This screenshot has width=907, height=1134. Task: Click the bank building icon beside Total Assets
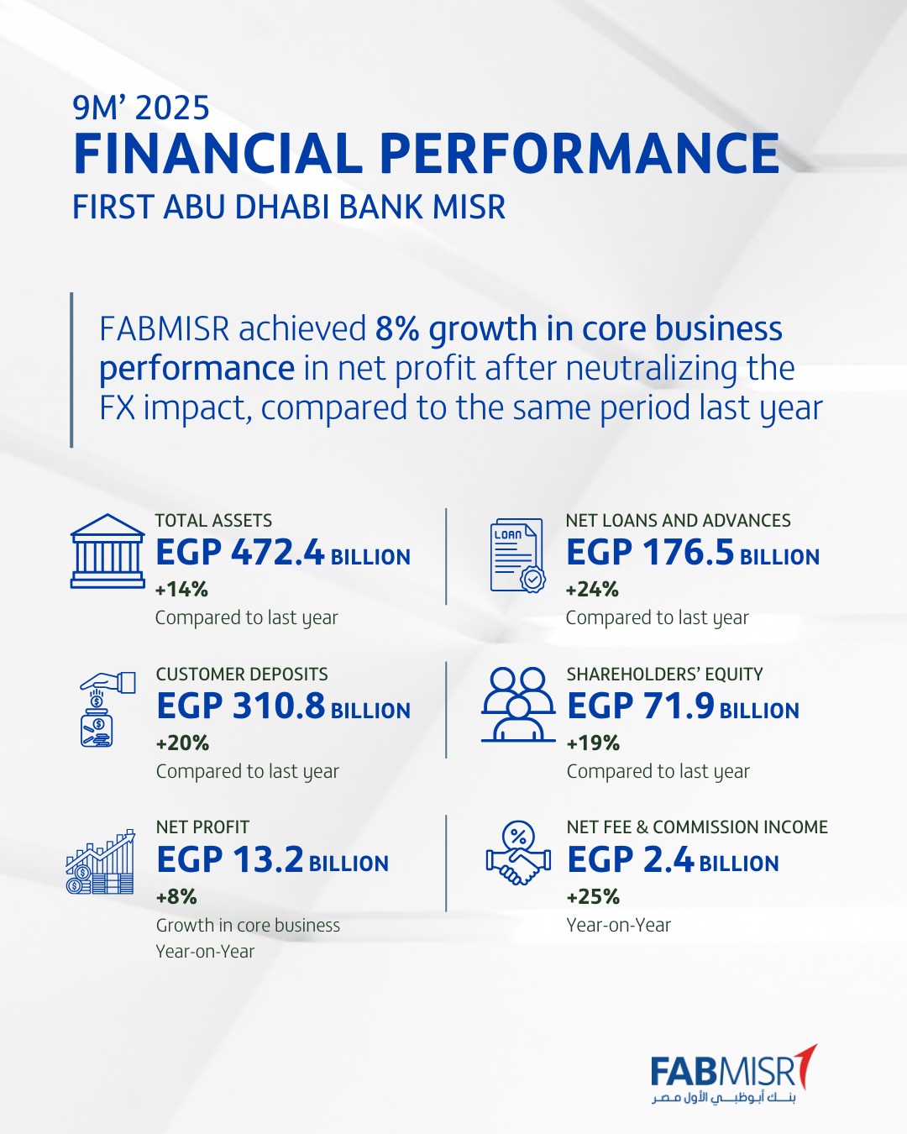click(107, 551)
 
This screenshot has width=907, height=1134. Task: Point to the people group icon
click(518, 705)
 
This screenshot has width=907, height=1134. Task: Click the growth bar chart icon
click(101, 863)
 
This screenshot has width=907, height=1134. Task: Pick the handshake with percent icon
click(518, 854)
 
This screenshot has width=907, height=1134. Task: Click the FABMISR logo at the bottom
click(732, 1075)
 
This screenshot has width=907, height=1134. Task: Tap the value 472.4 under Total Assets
click(277, 553)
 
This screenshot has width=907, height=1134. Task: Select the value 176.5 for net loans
click(689, 553)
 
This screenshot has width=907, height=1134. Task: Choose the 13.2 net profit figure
click(268, 860)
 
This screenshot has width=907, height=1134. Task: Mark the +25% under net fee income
click(593, 897)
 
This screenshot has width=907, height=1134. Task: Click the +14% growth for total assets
click(181, 590)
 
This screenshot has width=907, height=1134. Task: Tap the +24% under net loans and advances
click(592, 590)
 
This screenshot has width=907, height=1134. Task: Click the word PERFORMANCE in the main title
click(579, 154)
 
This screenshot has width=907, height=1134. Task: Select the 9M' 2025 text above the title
click(141, 108)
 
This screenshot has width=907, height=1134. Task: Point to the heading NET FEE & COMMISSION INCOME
click(697, 827)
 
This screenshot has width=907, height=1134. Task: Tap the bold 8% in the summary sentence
click(397, 328)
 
